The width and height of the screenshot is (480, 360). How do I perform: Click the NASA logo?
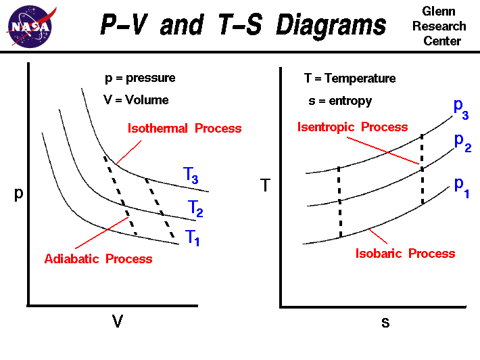(x=28, y=26)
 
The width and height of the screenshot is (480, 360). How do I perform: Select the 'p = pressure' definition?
(x=140, y=78)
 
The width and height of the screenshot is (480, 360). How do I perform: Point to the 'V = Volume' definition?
(x=136, y=99)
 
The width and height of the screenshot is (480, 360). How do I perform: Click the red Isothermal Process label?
(x=185, y=129)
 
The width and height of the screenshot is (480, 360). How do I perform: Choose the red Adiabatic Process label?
(x=98, y=258)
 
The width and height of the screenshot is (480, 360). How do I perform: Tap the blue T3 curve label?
(x=191, y=175)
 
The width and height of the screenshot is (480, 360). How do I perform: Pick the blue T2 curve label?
(x=194, y=208)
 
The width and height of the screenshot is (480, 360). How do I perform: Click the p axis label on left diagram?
(x=19, y=193)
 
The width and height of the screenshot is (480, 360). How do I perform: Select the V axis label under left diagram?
(x=118, y=321)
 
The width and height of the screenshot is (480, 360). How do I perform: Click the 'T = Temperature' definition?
(x=350, y=78)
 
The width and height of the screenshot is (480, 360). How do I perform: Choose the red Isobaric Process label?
(x=405, y=253)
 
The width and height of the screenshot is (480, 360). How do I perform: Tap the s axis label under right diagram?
(x=385, y=322)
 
